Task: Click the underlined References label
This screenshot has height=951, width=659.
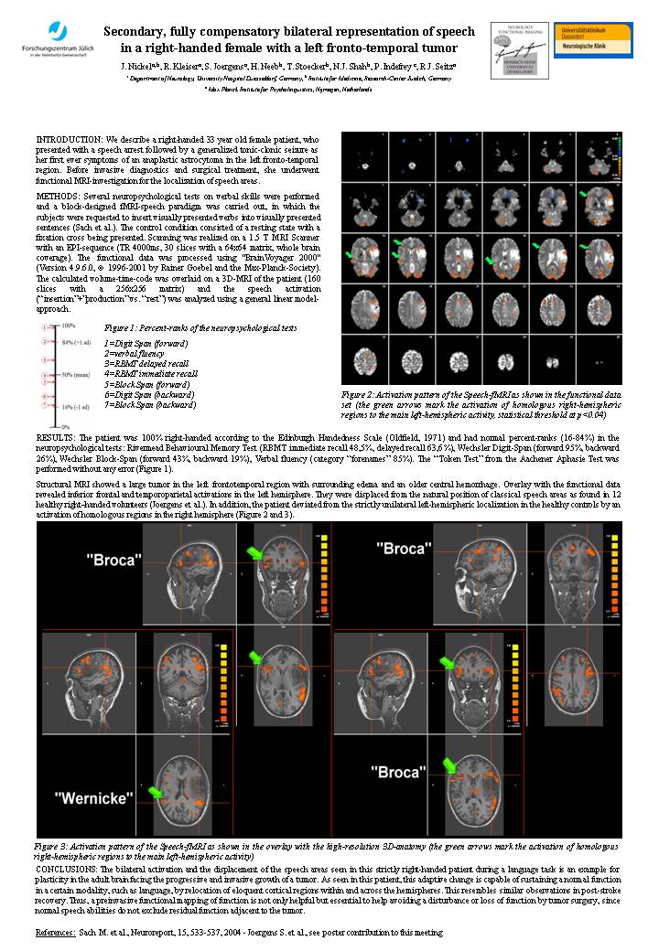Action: pos(54,931)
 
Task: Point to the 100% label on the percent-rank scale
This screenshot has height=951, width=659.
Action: pos(68,326)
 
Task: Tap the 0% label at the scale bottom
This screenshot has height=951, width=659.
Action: pos(65,427)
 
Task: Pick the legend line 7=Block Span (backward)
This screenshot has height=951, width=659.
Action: pos(150,404)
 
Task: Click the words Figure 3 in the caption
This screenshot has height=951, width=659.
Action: pos(54,848)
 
